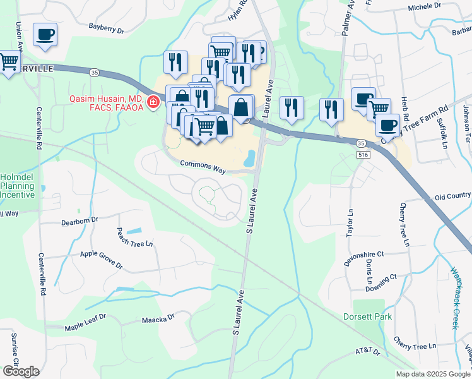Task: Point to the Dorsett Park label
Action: [368, 316]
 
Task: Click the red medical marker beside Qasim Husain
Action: [153, 102]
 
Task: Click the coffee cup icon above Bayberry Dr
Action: [45, 35]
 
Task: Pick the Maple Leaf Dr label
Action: [86, 327]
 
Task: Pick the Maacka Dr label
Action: [158, 319]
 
